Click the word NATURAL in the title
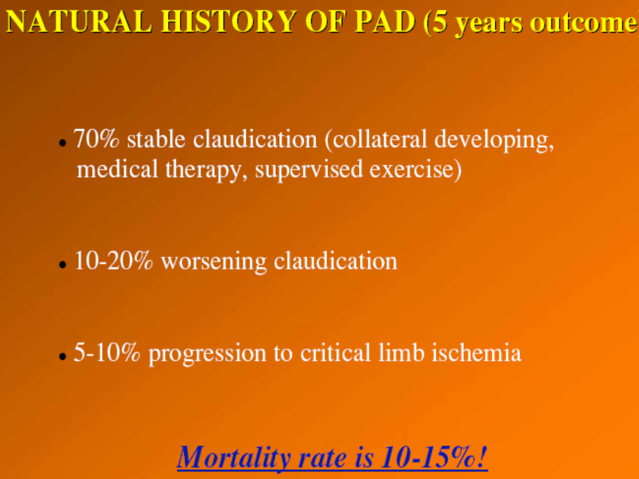(79, 22)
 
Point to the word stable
(156, 139)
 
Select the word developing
(494, 140)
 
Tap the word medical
(117, 169)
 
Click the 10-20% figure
(114, 261)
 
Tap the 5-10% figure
(107, 353)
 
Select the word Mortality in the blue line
(234, 457)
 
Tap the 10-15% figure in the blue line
(434, 457)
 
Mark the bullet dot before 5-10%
(63, 357)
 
